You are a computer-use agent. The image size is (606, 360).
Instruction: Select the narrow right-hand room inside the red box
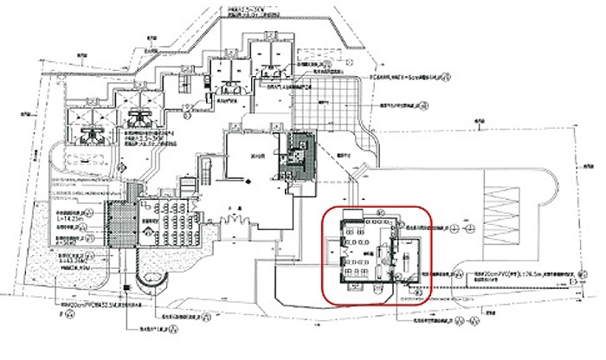(x=407, y=260)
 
